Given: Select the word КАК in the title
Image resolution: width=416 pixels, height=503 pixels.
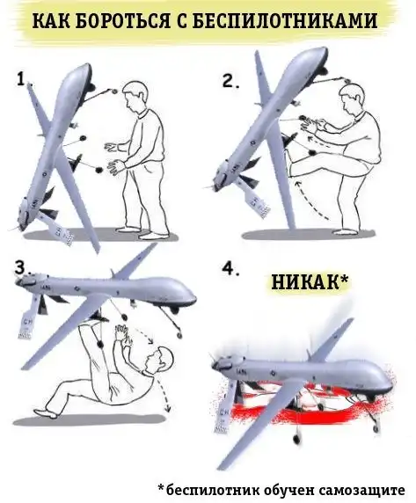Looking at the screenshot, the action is click(x=52, y=21).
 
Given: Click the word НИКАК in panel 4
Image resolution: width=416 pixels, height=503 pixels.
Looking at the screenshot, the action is click(x=305, y=282).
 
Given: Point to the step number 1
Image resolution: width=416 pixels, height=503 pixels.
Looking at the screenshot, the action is click(x=22, y=79).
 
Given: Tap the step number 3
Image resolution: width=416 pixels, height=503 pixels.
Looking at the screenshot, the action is click(x=21, y=268).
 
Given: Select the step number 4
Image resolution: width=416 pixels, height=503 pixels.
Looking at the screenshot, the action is click(x=230, y=269).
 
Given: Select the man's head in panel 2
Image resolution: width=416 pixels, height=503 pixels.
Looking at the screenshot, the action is click(x=352, y=96).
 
